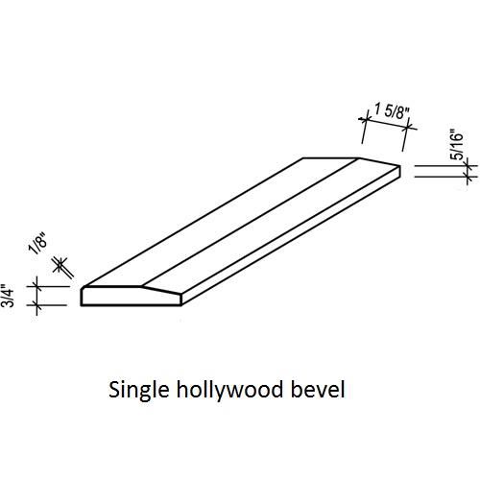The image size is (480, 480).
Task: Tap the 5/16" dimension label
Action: (457, 144)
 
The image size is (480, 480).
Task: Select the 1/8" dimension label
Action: (38, 244)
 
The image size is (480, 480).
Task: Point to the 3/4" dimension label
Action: (8, 296)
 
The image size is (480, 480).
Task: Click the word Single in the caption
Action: (138, 390)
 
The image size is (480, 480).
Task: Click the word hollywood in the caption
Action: (229, 390)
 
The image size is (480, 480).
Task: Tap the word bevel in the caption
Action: (318, 389)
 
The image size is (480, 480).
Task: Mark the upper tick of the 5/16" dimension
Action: (468, 166)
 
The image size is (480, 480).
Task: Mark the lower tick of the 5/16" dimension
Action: (468, 177)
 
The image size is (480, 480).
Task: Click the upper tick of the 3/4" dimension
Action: (37, 286)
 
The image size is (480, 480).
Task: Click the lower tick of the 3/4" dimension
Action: (37, 305)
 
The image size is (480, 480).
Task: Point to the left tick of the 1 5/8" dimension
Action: (365, 120)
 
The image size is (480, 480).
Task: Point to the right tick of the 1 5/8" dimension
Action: (407, 128)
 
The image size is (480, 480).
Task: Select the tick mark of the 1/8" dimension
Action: (60, 264)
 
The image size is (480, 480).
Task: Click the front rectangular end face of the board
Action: (132, 297)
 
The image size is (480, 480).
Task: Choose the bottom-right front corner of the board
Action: (181, 305)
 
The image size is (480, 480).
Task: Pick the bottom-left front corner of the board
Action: (81, 305)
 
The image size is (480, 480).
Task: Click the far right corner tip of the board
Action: (399, 166)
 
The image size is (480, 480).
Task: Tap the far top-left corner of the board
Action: (303, 158)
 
